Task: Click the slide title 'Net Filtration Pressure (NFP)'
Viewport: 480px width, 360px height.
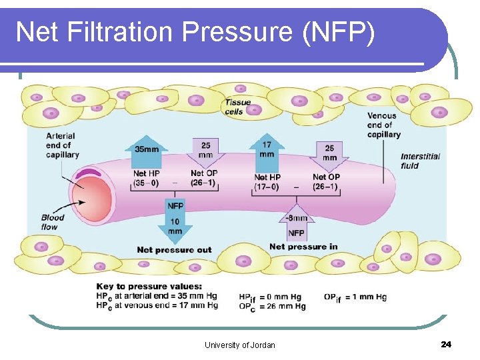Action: [195, 32]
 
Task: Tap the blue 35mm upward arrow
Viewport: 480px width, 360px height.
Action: [147, 153]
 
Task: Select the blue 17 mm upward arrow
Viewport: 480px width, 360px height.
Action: [267, 150]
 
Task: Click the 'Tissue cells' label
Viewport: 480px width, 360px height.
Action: [238, 107]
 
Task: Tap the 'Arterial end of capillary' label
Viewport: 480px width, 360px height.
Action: [62, 145]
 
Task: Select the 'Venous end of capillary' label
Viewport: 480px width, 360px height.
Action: [383, 125]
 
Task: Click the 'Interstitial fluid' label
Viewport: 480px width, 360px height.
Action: [420, 161]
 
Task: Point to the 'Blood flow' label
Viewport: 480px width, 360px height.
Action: [53, 222]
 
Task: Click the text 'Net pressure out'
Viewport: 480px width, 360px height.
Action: [174, 250]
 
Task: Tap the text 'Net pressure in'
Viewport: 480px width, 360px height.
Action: [303, 247]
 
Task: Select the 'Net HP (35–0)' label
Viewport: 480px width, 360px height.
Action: [145, 178]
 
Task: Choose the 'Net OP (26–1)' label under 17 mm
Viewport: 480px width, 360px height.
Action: [327, 181]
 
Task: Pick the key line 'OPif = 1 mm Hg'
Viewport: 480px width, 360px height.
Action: [355, 297]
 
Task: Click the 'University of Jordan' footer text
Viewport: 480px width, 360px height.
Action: [239, 345]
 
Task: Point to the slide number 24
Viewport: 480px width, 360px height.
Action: [446, 344]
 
